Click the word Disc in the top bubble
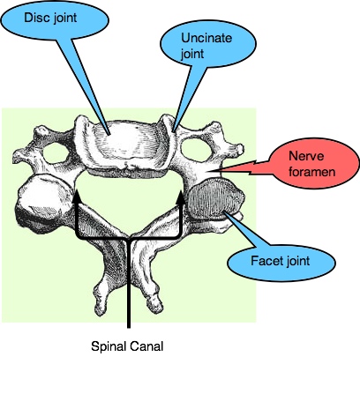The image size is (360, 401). [34, 18]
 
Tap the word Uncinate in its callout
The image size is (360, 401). [206, 38]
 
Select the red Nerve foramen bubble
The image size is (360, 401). [315, 163]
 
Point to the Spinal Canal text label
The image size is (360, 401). [127, 346]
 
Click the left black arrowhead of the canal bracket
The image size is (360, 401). [77, 197]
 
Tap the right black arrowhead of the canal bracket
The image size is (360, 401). [181, 197]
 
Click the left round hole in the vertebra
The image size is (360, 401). [56, 152]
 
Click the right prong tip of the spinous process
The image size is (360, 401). [155, 305]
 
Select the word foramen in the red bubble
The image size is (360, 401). [311, 172]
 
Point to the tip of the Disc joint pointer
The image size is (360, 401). [109, 135]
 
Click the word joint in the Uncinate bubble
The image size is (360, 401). [192, 55]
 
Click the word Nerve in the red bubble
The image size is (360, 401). [306, 156]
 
